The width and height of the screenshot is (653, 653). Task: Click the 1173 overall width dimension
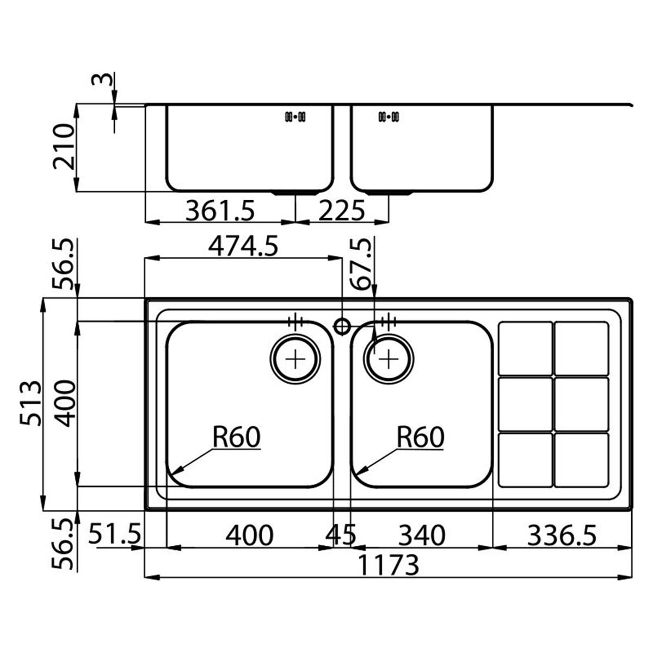[x=389, y=565]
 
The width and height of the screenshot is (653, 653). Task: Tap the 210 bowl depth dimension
[x=63, y=147]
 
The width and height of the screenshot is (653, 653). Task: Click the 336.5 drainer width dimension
[x=562, y=535]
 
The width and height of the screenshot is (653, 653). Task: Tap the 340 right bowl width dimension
[x=422, y=535]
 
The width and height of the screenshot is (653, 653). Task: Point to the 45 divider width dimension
[x=341, y=535]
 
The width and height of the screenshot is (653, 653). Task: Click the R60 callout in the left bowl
[x=236, y=437]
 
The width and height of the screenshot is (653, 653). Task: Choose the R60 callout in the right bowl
[x=420, y=437]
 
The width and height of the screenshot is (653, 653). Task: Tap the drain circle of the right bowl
[x=389, y=359]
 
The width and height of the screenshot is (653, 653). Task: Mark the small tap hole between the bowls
[x=342, y=326]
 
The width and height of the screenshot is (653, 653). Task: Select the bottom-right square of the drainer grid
[x=581, y=459]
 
